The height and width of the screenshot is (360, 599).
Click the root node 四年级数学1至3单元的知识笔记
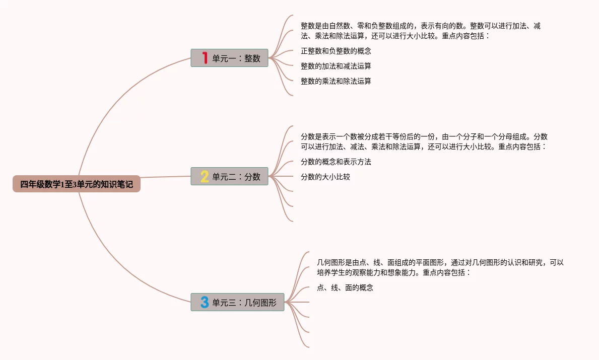click(x=77, y=184)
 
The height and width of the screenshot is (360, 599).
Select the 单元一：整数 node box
click(x=229, y=58)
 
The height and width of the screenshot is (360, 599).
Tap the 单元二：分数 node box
click(x=229, y=176)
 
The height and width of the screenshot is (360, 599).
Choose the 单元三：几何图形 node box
click(x=237, y=302)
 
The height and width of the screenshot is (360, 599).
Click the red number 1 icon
click(x=205, y=58)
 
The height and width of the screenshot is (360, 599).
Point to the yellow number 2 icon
click(x=205, y=176)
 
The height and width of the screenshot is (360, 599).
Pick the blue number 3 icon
click(x=205, y=302)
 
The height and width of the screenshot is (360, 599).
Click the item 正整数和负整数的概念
click(x=336, y=51)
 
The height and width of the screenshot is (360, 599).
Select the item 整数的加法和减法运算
click(x=336, y=66)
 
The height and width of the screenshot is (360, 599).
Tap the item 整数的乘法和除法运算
click(x=336, y=81)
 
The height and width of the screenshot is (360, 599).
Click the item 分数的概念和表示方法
click(x=336, y=162)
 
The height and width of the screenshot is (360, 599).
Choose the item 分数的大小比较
click(x=325, y=177)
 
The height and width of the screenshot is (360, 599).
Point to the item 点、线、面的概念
click(x=345, y=288)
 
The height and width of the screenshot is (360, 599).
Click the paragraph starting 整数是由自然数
click(x=420, y=31)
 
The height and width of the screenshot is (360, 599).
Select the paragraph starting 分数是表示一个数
click(x=424, y=141)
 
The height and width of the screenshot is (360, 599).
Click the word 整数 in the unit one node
click(x=252, y=58)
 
